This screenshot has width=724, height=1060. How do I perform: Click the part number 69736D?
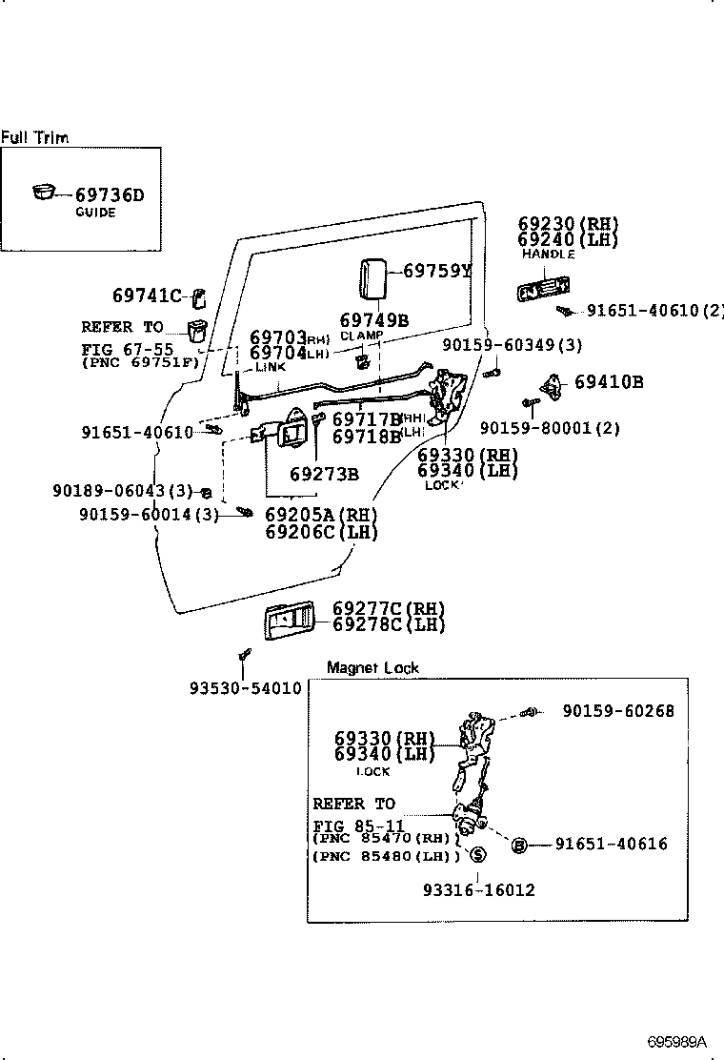tap(110, 195)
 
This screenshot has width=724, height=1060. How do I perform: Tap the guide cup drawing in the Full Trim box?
tap(44, 193)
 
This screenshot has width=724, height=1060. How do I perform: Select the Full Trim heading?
tap(34, 137)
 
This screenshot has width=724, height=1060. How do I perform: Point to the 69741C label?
tap(146, 296)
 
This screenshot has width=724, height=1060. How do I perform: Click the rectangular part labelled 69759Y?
tap(372, 281)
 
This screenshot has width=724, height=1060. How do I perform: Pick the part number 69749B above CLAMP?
tap(374, 320)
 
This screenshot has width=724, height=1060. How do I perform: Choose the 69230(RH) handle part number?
tap(568, 224)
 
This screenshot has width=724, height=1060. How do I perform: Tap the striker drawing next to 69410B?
tap(553, 383)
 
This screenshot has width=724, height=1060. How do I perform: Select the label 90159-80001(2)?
tap(550, 429)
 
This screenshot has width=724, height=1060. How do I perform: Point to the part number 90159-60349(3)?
tap(526, 344)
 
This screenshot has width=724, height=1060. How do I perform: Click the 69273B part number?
tap(324, 474)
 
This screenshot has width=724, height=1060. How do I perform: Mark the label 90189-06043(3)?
tap(123, 491)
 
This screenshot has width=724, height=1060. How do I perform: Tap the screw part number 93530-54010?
tap(245, 688)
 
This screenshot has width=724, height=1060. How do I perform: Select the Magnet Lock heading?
tap(372, 667)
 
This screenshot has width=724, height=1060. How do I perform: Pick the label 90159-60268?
tap(617, 711)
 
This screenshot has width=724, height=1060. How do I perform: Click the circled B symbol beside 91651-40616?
tap(519, 845)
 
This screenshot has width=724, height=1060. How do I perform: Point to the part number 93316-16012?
tap(478, 889)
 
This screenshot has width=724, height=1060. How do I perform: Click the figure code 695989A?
tap(679, 1042)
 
